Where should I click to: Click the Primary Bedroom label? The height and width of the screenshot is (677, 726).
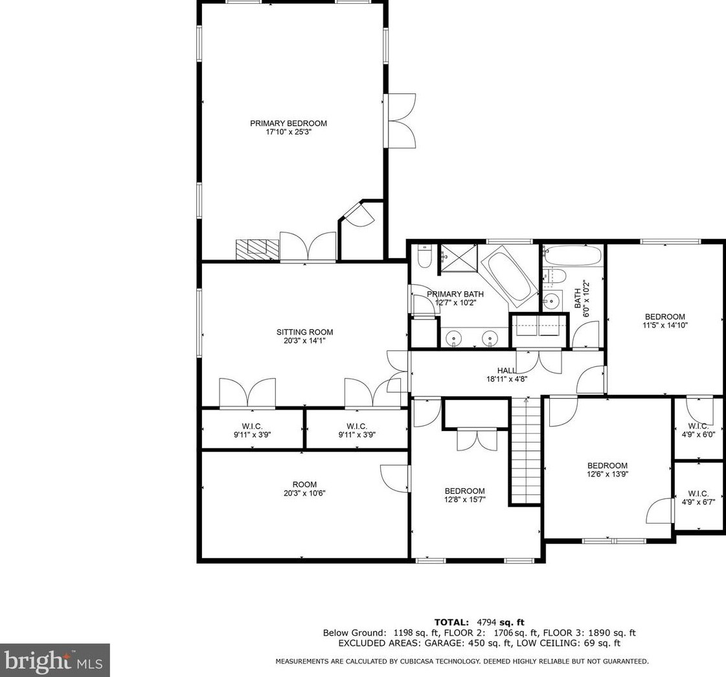tap(288, 123)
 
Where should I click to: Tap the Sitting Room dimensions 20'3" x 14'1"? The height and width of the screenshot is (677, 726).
tap(304, 341)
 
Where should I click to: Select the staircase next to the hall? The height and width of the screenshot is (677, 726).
tap(525, 450)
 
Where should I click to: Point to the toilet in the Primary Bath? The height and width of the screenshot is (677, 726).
tap(425, 257)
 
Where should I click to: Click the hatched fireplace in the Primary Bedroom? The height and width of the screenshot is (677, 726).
tap(257, 249)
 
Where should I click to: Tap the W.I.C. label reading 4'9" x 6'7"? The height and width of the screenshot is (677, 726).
tap(698, 501)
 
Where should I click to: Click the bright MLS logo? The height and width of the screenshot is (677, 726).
tap(54, 660)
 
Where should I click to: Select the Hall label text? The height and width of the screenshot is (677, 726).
tap(506, 371)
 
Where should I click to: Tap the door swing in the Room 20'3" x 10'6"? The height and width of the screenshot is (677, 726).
tap(395, 478)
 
